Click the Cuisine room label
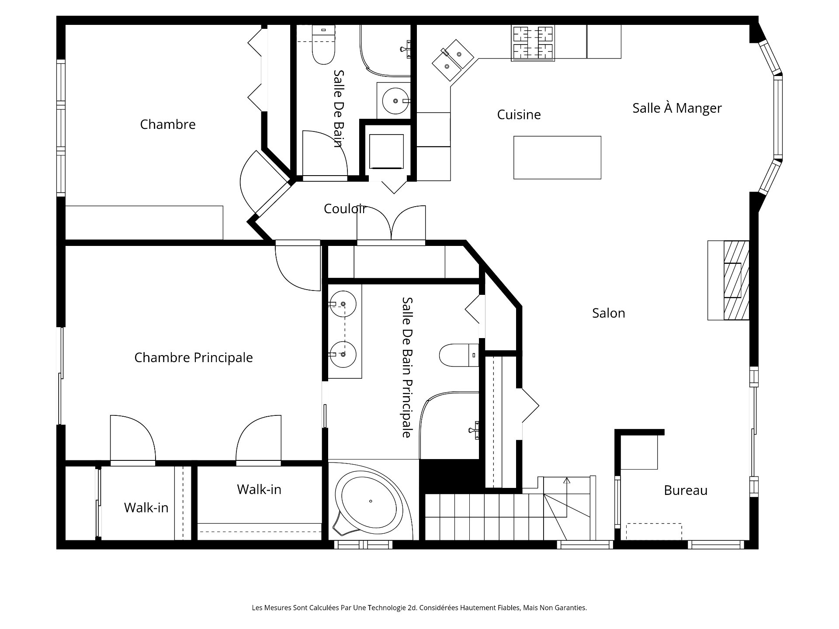519,114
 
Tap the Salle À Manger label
677,108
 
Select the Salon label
608,313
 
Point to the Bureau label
685,490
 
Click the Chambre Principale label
193,357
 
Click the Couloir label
345,208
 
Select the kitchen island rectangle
557,157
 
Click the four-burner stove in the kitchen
533,43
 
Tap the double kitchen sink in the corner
453,60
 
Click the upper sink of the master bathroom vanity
343,304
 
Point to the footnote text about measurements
419,608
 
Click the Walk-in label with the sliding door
146,507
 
